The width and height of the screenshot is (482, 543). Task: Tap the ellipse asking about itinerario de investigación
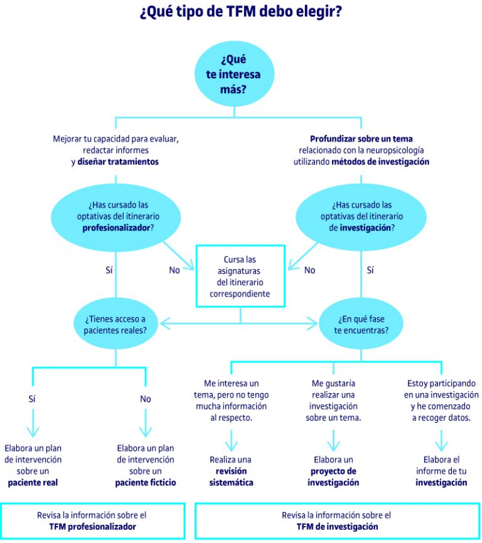coord(361,216)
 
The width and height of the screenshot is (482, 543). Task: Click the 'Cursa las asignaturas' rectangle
coord(240,276)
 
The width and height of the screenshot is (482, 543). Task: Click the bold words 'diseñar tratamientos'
coord(118,162)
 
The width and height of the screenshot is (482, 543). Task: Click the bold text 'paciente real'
coord(33,482)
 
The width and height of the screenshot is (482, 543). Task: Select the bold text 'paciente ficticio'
coord(146,482)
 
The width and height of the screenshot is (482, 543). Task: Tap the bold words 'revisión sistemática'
coord(232,477)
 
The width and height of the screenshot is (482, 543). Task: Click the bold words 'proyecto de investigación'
coord(333,477)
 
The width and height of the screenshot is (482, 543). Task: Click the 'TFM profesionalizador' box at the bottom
coord(93,521)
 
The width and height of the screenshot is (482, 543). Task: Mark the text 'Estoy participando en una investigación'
coord(441,389)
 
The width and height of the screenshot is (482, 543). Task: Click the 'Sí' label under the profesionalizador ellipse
coord(109,270)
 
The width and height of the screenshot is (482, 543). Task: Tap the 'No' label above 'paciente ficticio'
coord(146,399)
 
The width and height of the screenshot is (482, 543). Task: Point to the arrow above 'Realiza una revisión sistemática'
coord(232,441)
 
